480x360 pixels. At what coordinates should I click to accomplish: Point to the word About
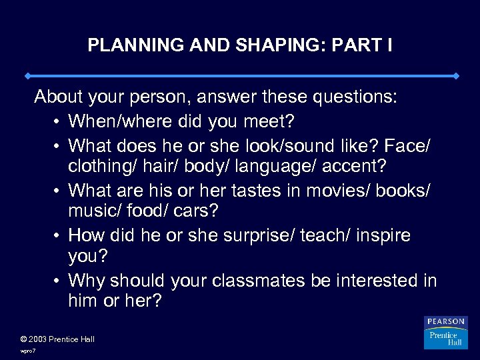57,97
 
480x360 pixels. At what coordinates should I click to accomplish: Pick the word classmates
256,281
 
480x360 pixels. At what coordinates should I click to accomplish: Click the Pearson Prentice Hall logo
445,333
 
